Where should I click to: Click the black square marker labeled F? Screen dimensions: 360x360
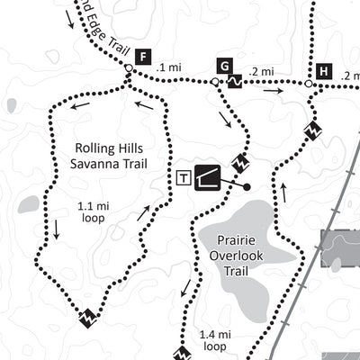142,54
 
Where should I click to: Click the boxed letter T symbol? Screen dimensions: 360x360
184,178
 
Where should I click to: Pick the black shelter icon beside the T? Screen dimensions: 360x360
206,177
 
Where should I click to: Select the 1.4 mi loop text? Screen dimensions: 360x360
215,339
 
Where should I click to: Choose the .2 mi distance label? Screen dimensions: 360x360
264,71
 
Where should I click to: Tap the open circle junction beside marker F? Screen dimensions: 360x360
129,68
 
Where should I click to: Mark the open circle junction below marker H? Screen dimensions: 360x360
308,85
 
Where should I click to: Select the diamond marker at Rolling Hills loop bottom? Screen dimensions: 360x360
88,318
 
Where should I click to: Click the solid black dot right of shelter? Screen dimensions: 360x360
246,187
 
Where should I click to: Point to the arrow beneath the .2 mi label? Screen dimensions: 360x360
273,89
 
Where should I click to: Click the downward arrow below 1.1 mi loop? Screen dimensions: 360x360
57,230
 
